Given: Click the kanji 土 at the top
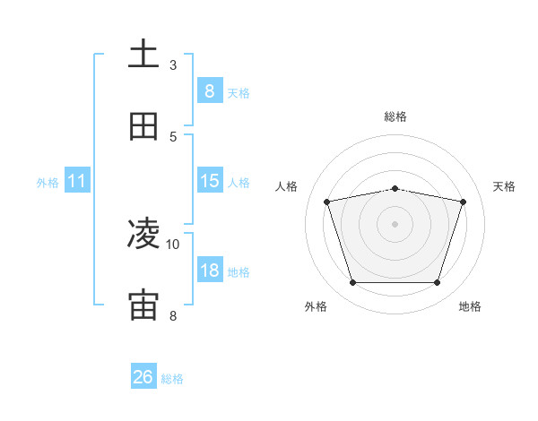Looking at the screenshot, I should click(x=143, y=54).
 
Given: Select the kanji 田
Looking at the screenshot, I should click(x=143, y=125).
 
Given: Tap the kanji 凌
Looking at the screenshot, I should click(x=143, y=234).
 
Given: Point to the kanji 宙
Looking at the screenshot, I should click(x=143, y=305).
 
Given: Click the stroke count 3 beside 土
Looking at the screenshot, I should click(x=173, y=64).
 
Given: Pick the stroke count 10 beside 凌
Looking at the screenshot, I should click(x=173, y=244).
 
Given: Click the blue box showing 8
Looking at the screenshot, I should click(x=209, y=90).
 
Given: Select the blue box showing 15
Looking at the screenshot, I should click(x=209, y=181).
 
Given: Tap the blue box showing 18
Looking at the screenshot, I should click(x=209, y=271).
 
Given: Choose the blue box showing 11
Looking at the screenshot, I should click(x=76, y=181).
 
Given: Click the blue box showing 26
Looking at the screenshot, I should click(x=143, y=377).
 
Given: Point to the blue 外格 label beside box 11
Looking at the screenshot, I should click(x=48, y=183).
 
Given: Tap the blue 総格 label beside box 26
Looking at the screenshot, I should click(x=173, y=379).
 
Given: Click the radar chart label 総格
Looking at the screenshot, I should click(x=395, y=116).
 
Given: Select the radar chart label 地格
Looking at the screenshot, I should click(x=470, y=306).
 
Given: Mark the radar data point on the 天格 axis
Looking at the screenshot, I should click(x=463, y=202).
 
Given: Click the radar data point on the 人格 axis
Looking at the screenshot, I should click(x=327, y=202).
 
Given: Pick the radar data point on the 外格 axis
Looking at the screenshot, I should click(x=352, y=283).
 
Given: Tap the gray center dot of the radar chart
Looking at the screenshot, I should click(x=395, y=224).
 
